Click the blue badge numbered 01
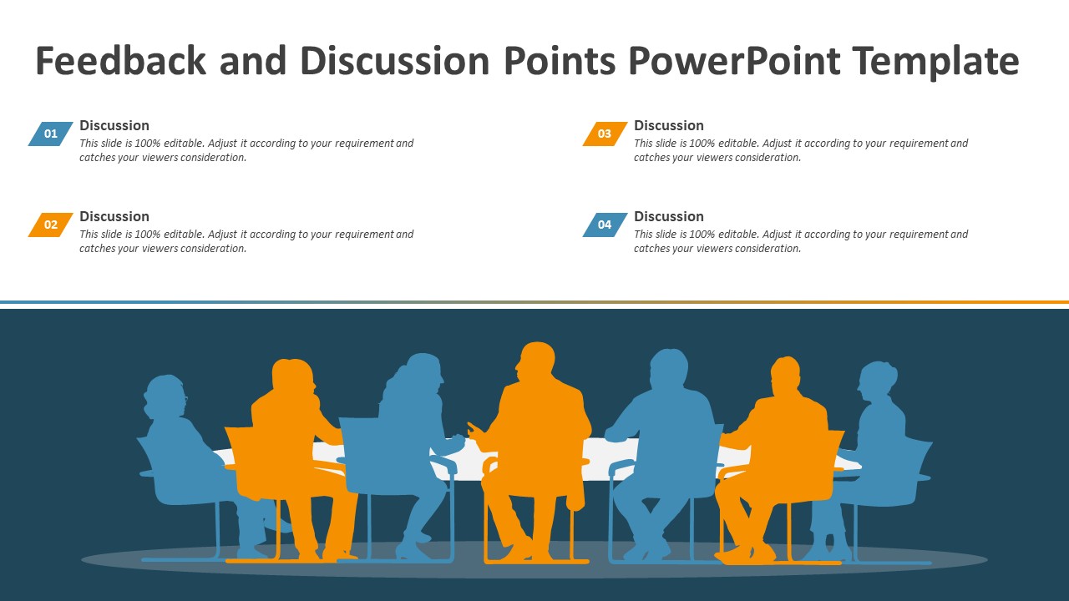(51, 134)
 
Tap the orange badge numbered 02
(51, 225)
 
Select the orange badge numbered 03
(605, 134)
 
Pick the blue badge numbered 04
(605, 225)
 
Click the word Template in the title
(935, 61)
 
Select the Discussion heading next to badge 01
(114, 125)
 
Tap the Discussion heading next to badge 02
(114, 216)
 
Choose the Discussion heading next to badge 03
(669, 125)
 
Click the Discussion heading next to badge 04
(669, 216)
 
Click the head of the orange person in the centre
(535, 362)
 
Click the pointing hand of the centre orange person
(474, 431)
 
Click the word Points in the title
(560, 61)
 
